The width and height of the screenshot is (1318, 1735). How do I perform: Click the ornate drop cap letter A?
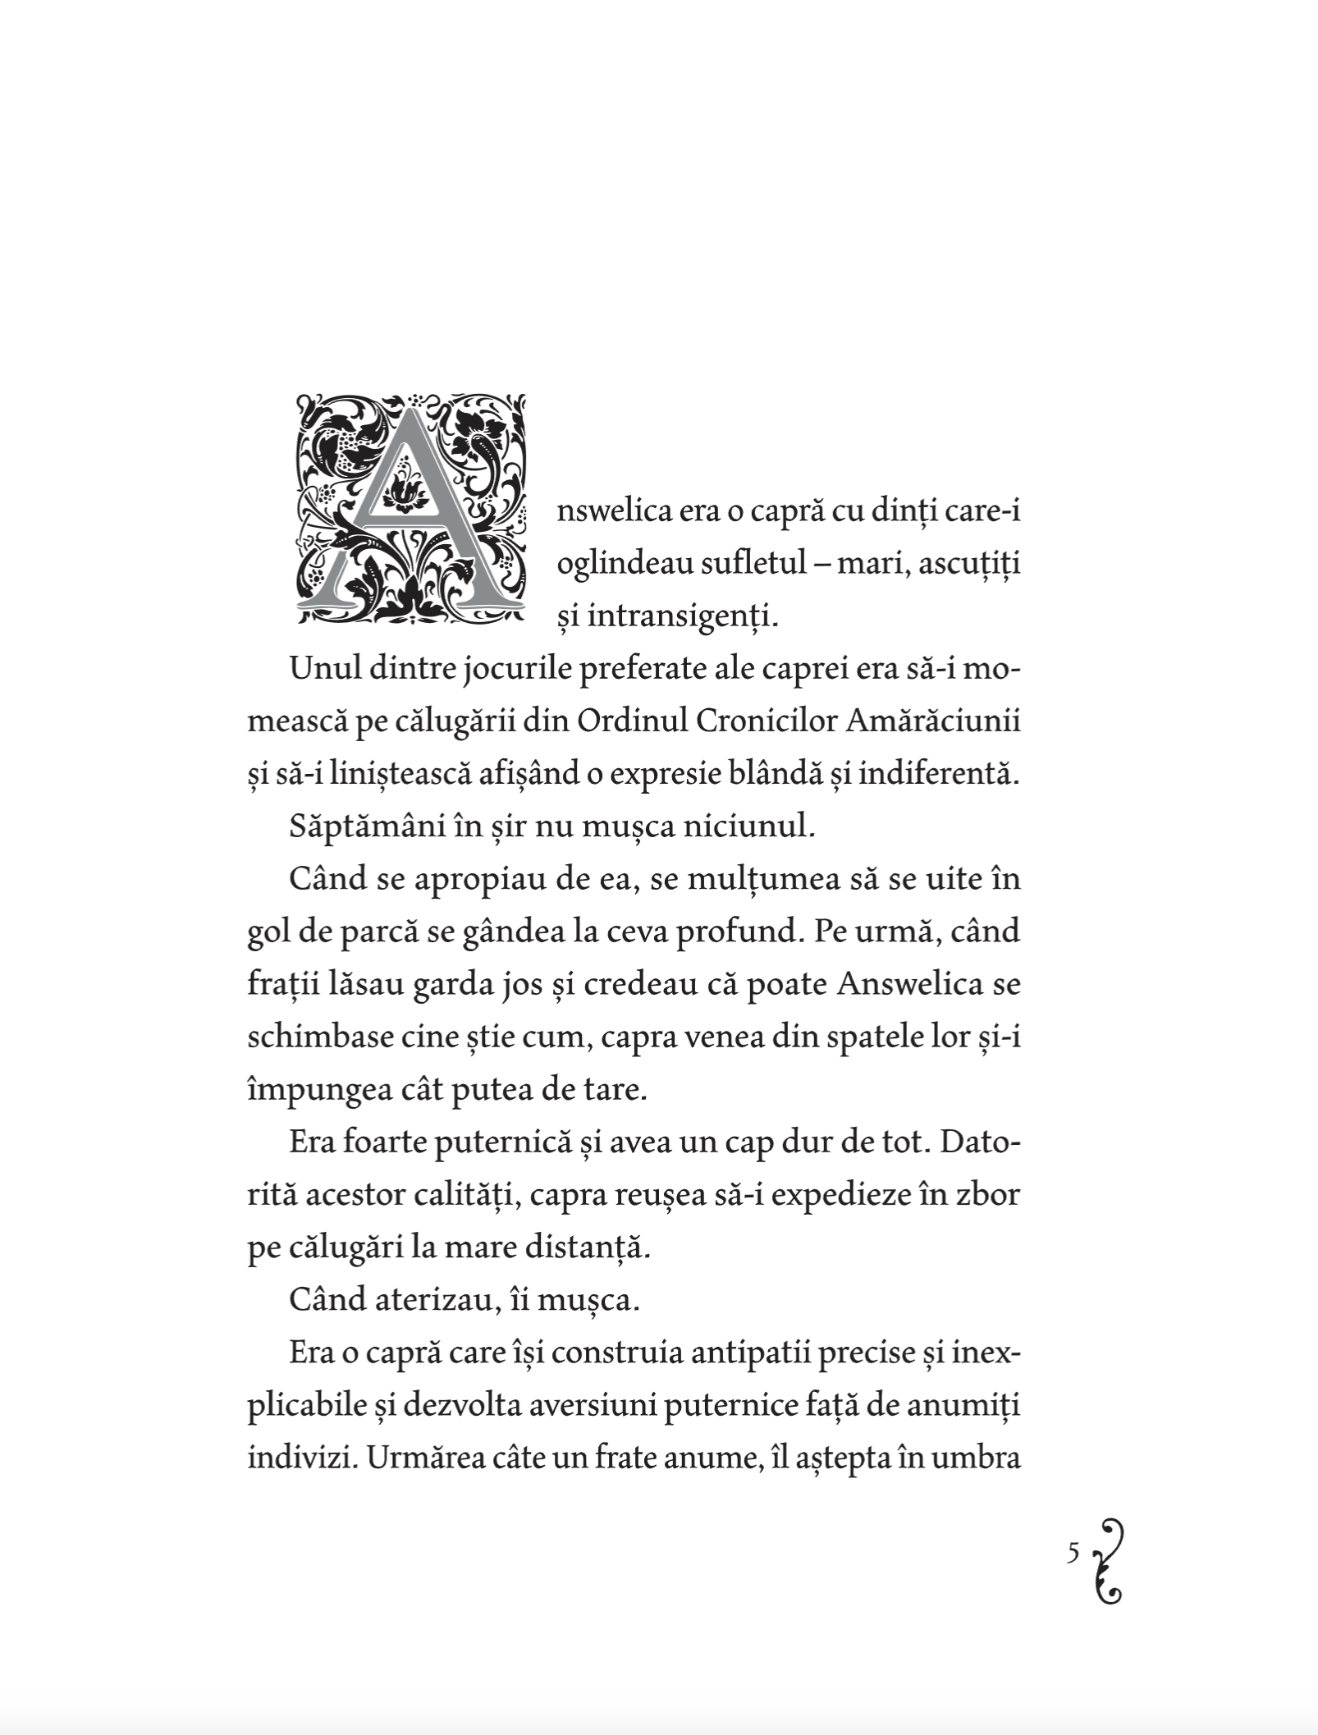tap(410, 510)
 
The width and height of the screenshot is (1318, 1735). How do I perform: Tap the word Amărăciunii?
tap(932, 721)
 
